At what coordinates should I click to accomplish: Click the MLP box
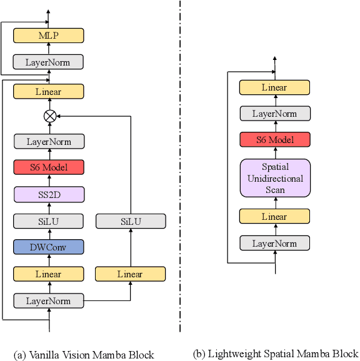point(49,36)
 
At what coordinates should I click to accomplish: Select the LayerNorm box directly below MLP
point(49,62)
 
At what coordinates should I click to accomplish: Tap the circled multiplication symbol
point(49,116)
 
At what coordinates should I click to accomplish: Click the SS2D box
point(49,194)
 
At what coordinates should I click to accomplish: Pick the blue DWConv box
point(49,247)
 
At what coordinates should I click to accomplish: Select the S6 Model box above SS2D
point(49,167)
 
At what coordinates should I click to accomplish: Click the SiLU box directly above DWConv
point(49,221)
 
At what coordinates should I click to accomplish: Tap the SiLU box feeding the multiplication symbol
point(131,221)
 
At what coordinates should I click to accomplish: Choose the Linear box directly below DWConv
point(49,274)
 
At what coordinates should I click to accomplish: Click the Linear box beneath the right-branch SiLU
point(131,274)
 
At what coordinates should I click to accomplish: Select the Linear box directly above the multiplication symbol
point(49,92)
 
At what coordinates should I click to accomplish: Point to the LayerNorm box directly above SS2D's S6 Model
point(49,141)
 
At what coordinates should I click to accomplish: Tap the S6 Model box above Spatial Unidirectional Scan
point(275,140)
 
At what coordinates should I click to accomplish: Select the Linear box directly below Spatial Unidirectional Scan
point(275,217)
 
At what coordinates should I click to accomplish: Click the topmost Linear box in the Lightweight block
point(275,87)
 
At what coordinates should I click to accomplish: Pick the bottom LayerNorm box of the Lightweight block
point(275,243)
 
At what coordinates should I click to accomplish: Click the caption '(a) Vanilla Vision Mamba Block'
point(84,354)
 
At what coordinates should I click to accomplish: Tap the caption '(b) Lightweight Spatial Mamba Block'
point(275,353)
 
